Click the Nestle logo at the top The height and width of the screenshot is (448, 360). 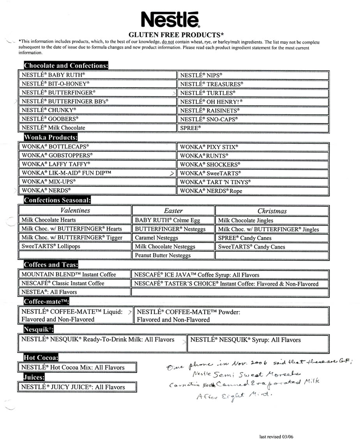(169, 19)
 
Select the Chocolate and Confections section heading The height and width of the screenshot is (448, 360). (65, 65)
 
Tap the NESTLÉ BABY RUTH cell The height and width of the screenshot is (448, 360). (97, 75)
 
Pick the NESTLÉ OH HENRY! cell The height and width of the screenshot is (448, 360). (254, 102)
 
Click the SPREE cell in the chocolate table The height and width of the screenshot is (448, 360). (254, 128)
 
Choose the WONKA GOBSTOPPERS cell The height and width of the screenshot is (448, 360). (97, 155)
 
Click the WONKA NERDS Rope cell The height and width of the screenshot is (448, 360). (254, 191)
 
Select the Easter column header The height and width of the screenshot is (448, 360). (173, 211)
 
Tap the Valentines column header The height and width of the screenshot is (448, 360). (75, 210)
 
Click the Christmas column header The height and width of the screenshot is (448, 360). (272, 211)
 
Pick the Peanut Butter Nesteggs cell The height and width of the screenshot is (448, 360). (173, 256)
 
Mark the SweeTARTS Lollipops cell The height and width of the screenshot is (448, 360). (75, 247)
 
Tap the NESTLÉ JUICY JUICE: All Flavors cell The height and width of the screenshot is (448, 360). (77, 387)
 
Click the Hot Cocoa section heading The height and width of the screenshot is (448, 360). (41, 358)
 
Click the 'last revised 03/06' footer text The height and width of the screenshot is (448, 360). (276, 437)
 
